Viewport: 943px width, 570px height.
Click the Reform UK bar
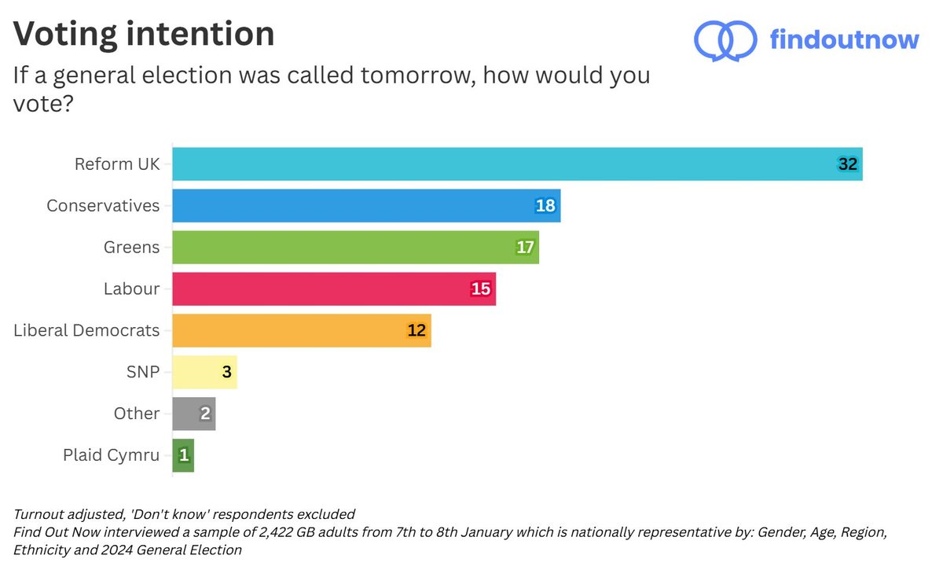[x=517, y=164]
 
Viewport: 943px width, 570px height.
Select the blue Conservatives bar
[x=366, y=206]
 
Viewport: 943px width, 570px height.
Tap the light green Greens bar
[x=355, y=248]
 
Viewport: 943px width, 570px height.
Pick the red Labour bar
[x=334, y=289]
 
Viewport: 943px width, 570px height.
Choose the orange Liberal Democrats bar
[x=301, y=331]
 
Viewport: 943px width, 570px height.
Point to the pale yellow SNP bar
[x=204, y=372]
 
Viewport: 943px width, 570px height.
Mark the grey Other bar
[x=193, y=414]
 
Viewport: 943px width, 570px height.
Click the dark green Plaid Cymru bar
[x=183, y=455]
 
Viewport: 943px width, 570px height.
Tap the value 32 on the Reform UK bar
[x=847, y=164]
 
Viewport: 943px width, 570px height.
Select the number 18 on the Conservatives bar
[x=545, y=206]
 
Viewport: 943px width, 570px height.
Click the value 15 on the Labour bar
[x=481, y=289]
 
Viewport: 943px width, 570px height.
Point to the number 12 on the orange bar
[x=416, y=331]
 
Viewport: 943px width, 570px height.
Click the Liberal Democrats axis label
[x=86, y=331]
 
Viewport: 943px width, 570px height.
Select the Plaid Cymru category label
[x=111, y=455]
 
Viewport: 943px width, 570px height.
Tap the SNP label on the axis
[x=142, y=372]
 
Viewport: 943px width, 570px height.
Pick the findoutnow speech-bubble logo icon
[x=724, y=39]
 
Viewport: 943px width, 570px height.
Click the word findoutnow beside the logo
[x=844, y=39]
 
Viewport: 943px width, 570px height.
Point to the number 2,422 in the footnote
[x=240, y=533]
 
